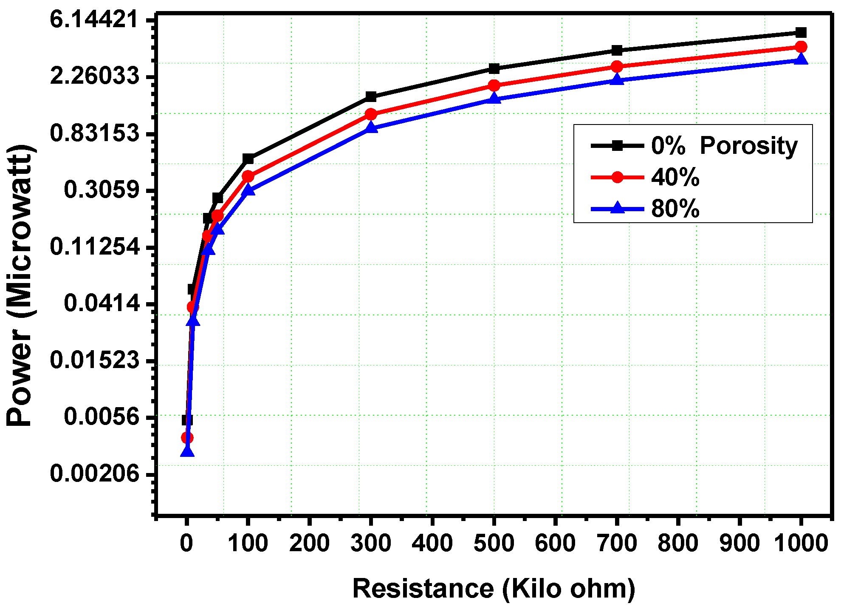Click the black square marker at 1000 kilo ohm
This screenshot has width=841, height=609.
tap(801, 32)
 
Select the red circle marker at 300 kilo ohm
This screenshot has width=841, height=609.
tap(371, 114)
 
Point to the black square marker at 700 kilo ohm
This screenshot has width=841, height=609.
tap(617, 50)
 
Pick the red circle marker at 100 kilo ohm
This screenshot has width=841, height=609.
tap(248, 176)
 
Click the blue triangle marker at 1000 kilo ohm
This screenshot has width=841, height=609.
tap(801, 59)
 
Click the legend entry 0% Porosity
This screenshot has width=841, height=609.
tap(724, 146)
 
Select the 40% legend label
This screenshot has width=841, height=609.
tap(675, 177)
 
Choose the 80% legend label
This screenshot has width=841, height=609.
tap(675, 209)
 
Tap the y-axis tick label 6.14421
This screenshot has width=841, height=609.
tap(95, 20)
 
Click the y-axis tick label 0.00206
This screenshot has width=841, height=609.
tap(95, 473)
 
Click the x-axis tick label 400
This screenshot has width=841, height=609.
tap(432, 543)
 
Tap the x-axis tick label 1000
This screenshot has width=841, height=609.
tap(801, 543)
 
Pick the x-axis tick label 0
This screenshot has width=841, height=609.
tap(186, 543)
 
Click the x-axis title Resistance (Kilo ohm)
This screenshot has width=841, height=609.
tap(494, 589)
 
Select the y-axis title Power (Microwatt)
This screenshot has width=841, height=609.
tap(20, 285)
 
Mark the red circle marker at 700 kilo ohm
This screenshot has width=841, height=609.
tap(617, 67)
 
